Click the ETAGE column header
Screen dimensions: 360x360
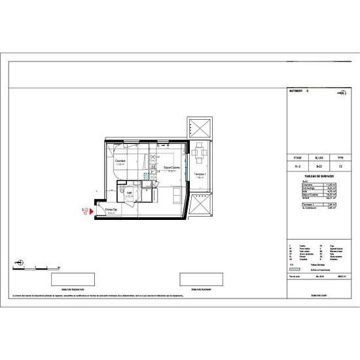coord(297,158)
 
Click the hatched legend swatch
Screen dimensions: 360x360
coord(291,271)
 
